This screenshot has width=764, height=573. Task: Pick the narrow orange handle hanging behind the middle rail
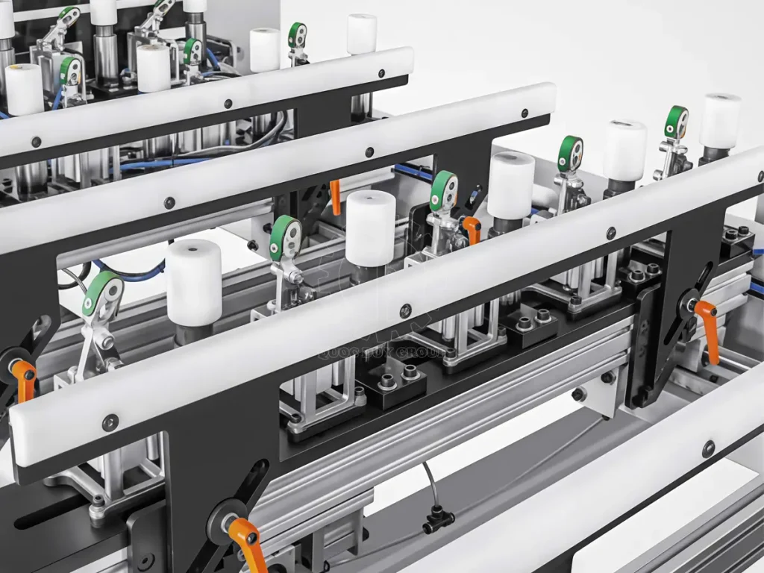(335, 196)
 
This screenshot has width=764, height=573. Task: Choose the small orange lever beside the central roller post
(471, 228)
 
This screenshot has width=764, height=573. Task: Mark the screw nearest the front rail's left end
(110, 422)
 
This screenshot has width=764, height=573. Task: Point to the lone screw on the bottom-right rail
(708, 449)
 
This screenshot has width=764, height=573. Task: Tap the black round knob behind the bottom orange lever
(221, 518)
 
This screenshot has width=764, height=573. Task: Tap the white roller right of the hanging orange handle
(369, 228)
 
